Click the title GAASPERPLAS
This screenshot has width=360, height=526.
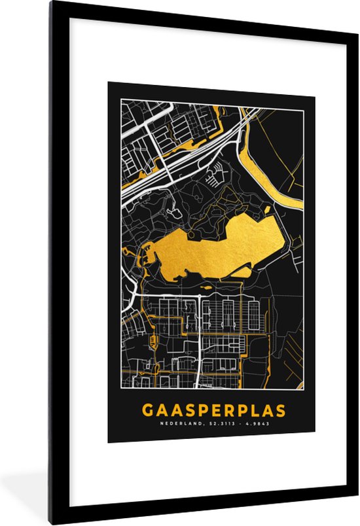(x=214, y=411)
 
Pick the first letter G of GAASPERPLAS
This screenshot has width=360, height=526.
(x=148, y=411)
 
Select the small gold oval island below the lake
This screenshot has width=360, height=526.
(x=207, y=287)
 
